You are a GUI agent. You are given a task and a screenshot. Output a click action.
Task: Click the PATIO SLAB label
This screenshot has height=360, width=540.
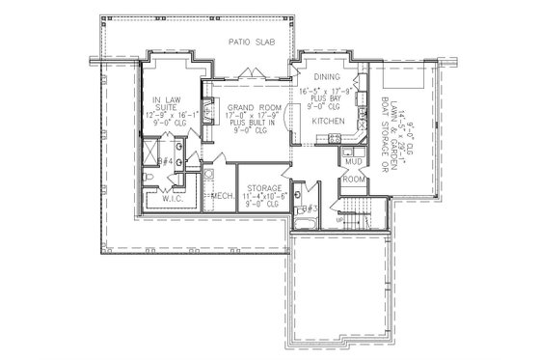[x=249, y=43]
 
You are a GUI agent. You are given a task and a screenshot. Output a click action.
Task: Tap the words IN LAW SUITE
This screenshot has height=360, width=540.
[x=170, y=103]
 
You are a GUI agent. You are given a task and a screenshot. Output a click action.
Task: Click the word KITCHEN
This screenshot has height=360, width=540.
[x=328, y=123]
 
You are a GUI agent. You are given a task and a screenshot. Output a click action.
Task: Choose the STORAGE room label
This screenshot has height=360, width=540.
[x=264, y=188]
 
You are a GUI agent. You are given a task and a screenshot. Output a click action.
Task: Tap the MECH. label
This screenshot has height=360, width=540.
[x=225, y=196]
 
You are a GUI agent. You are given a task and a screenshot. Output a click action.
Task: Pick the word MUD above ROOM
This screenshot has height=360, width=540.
[x=353, y=165]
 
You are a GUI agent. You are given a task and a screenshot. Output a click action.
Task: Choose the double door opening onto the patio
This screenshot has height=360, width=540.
[x=251, y=71]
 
